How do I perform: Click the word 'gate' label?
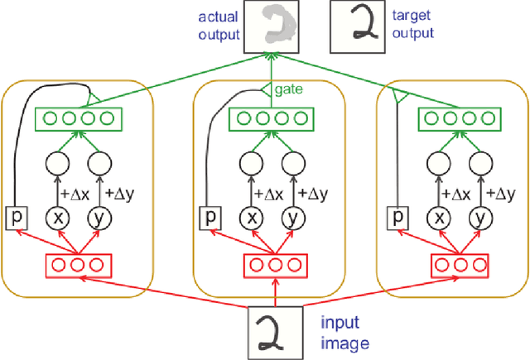tap(287, 88)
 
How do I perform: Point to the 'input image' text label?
tap(340, 331)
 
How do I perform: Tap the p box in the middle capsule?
tap(210, 218)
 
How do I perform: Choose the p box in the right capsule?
tap(400, 218)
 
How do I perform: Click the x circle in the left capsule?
tap(60, 218)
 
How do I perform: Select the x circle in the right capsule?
tap(441, 218)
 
